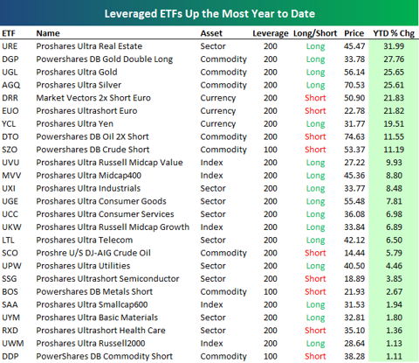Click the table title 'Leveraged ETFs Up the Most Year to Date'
(x=209, y=14)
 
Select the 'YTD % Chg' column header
(x=394, y=33)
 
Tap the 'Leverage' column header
(x=271, y=34)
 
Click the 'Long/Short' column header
(x=315, y=33)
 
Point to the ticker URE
(x=10, y=46)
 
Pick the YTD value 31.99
(x=394, y=46)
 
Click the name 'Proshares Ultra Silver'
(x=79, y=85)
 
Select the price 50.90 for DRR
(x=354, y=98)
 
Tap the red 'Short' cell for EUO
(x=315, y=111)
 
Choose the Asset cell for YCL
(x=218, y=124)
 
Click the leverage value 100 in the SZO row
(x=271, y=150)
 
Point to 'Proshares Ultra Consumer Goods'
(x=101, y=201)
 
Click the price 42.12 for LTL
(x=354, y=240)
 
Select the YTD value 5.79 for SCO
(x=394, y=253)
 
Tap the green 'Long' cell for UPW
(x=315, y=267)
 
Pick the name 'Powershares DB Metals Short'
(x=94, y=291)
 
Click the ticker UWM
(x=13, y=343)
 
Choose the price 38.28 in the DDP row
(x=354, y=356)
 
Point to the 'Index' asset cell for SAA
(x=211, y=304)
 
